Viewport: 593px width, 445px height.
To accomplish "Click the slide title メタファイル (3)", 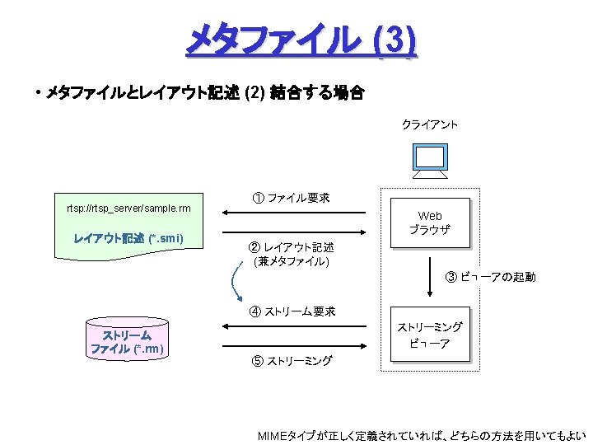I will click(301, 40).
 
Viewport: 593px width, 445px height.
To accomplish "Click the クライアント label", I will click(429, 124).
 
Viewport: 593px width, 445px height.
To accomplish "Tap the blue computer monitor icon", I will click(429, 159).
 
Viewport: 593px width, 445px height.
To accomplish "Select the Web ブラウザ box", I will click(429, 222).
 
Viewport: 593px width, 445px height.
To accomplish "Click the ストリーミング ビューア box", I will click(429, 335).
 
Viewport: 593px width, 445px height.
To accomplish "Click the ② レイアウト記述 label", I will click(292, 247).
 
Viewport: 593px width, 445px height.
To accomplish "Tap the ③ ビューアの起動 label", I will click(490, 277).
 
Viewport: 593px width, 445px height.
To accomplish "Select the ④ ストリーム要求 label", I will click(292, 311).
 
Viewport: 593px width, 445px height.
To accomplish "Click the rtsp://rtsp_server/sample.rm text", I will click(128, 208).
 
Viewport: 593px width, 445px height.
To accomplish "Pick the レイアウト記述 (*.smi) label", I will click(128, 239).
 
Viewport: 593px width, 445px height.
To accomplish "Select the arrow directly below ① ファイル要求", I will click(293, 213).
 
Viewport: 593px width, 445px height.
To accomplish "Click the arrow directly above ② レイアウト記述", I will click(293, 233).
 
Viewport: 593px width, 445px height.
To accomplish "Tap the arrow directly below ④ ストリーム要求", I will click(293, 327).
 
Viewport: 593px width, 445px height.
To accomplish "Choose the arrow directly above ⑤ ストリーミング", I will click(293, 347).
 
